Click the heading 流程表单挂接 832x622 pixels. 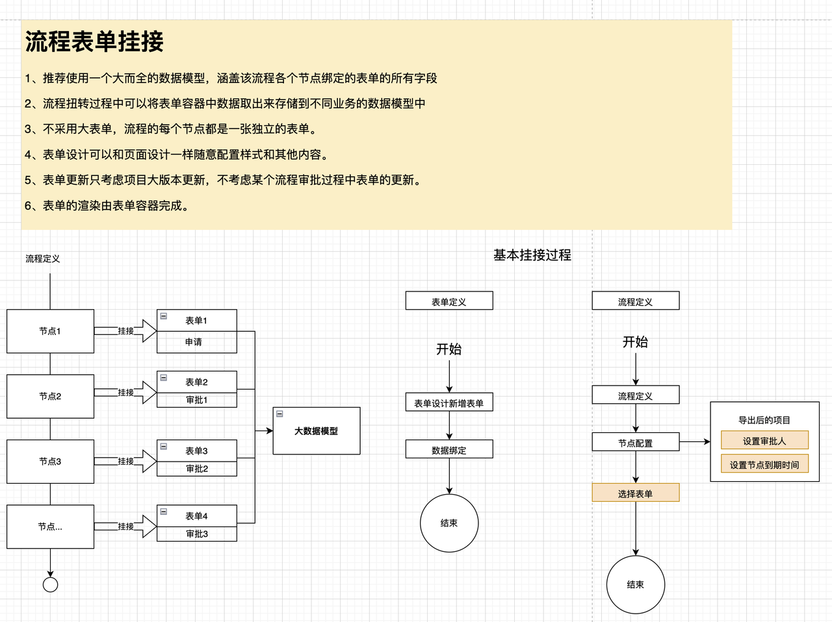(x=94, y=42)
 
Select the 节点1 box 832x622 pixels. (x=50, y=331)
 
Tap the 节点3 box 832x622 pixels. (x=50, y=462)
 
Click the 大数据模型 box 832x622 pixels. (x=317, y=431)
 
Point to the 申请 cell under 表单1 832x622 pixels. (x=196, y=342)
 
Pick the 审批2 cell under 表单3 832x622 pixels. (x=197, y=469)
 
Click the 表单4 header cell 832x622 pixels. (x=196, y=516)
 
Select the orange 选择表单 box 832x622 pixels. (x=635, y=493)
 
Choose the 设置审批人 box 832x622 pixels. (x=764, y=441)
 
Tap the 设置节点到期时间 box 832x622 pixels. (x=764, y=465)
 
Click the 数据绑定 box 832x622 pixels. (x=449, y=450)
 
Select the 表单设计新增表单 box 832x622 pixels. (x=449, y=403)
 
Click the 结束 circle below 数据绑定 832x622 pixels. (x=449, y=523)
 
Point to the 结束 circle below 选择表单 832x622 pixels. (x=635, y=584)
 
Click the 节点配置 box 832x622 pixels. (x=635, y=443)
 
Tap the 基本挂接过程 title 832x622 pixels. (x=532, y=255)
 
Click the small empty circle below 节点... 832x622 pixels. (x=50, y=584)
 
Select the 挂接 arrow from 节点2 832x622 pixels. (x=126, y=392)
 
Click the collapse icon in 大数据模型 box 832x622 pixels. (x=279, y=414)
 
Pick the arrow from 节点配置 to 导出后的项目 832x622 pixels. (x=694, y=442)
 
